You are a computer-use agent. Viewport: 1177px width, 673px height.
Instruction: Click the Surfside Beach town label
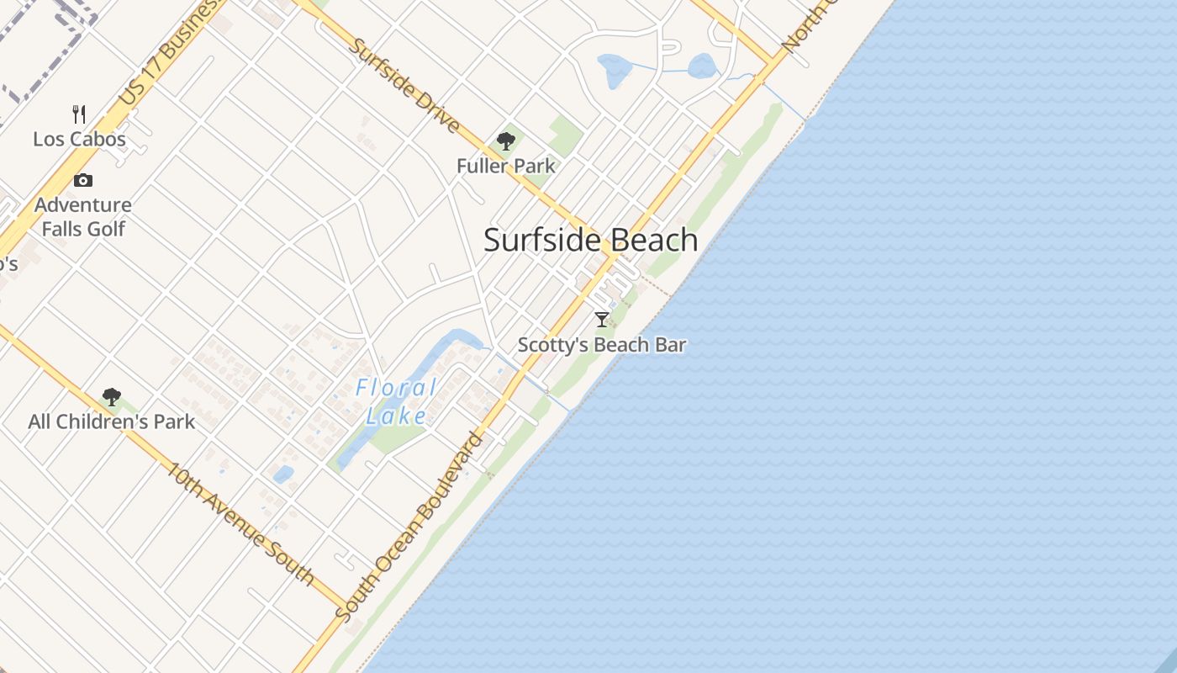point(590,241)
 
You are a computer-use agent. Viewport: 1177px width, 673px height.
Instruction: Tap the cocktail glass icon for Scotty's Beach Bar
point(602,320)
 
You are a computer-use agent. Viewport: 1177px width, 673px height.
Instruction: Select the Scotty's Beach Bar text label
point(602,345)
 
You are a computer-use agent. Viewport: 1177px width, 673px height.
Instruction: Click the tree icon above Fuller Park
point(506,141)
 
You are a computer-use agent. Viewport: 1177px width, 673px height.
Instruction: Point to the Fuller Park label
point(506,166)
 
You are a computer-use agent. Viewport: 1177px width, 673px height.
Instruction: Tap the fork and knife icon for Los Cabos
point(80,114)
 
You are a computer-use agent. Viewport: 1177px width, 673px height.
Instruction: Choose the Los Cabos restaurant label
point(80,139)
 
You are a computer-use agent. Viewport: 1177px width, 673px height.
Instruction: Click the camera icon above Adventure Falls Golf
point(83,180)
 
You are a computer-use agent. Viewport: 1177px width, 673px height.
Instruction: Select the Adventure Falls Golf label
point(83,216)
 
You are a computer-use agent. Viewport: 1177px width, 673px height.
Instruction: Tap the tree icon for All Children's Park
point(111,397)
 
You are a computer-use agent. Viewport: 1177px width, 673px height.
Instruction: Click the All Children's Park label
point(111,421)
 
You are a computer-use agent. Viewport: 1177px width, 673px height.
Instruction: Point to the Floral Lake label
point(396,401)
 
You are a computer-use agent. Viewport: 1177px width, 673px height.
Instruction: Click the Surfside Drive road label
point(404,86)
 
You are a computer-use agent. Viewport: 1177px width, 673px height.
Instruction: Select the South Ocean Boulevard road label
point(409,527)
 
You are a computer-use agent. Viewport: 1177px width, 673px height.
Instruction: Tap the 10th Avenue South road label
point(237,522)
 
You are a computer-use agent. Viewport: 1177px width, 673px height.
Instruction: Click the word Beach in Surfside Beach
point(654,241)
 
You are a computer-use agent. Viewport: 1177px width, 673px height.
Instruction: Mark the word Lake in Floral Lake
point(396,415)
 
